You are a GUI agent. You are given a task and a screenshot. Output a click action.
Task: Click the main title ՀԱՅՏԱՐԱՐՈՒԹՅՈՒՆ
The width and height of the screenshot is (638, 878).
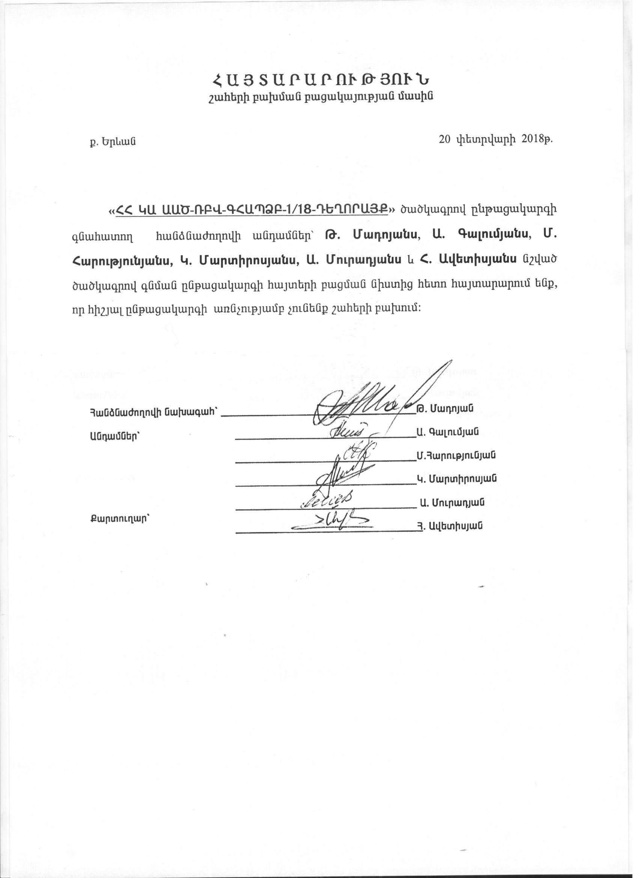[321, 81]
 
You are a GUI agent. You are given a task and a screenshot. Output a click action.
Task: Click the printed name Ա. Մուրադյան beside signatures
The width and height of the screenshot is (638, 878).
[453, 503]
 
